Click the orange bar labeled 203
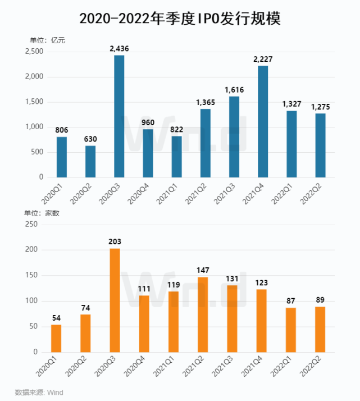[x=115, y=300]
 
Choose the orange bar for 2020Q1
[x=56, y=338]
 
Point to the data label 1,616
[x=234, y=89]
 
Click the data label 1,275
[x=320, y=106]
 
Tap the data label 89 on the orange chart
[x=320, y=299]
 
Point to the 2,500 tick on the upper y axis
[x=34, y=52]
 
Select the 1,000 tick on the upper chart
[x=34, y=127]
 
